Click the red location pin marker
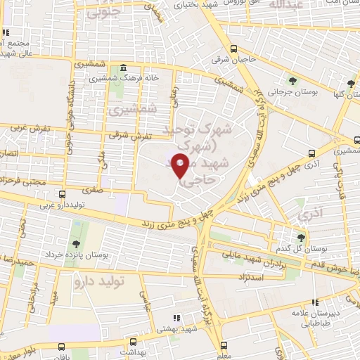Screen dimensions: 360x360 coord(181,166)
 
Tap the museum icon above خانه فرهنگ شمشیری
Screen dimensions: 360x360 coord(124,67)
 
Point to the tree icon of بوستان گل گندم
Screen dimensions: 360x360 coord(302,238)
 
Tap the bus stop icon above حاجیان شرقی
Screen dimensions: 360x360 coord(234,49)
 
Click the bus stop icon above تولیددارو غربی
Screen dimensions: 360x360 coord(62,194)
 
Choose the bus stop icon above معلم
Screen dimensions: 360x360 coord(224,345)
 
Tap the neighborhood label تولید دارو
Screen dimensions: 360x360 coord(98,282)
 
